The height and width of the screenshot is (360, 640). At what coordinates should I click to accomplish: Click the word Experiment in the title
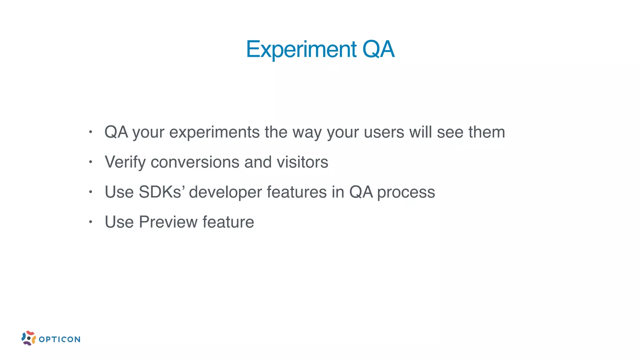coord(301,49)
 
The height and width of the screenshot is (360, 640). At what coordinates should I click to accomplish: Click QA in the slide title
coord(378,49)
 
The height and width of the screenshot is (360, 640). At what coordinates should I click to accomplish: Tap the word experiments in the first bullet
coord(214,132)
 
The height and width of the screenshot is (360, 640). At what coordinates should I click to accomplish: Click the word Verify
coord(125,162)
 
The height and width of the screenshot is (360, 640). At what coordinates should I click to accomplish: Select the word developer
coord(225,192)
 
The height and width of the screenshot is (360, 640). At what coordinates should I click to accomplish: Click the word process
coord(406,192)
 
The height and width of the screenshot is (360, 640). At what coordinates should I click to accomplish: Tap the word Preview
coord(168,222)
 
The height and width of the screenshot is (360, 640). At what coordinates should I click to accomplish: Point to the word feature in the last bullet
coord(228,222)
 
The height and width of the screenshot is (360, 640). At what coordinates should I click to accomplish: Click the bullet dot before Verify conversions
coord(90,162)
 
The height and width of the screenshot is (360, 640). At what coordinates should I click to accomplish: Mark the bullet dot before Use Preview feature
coord(90,222)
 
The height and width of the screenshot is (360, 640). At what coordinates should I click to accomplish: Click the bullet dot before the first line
coord(90,132)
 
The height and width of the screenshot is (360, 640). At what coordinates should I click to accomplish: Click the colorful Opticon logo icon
coord(28,338)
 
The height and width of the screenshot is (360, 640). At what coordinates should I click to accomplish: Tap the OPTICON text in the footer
coord(59,339)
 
